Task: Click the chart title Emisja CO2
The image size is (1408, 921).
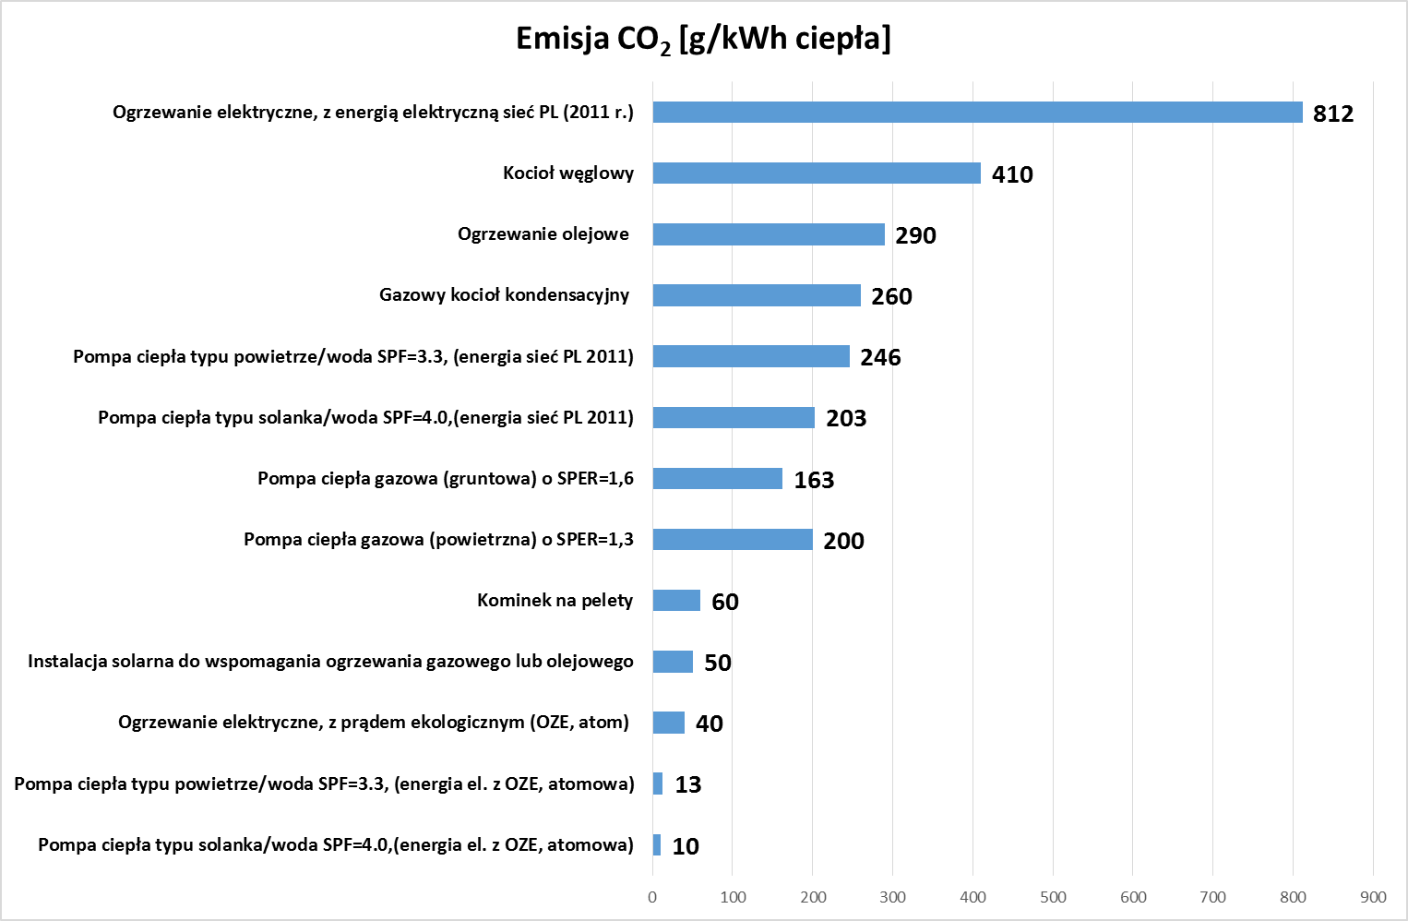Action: coord(703,39)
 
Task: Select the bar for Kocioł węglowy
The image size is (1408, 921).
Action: coord(817,173)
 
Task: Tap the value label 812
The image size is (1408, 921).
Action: coord(1332,114)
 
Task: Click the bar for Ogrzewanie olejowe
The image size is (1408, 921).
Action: coord(769,234)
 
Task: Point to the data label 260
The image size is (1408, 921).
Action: coord(891,296)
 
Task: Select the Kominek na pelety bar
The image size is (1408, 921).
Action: coord(676,601)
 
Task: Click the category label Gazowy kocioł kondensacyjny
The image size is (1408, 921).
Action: coord(504,295)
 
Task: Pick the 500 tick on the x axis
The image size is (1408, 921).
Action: coord(1053,897)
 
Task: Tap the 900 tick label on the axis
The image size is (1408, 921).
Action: coord(1373,897)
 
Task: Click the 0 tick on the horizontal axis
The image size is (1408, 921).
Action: coord(652,897)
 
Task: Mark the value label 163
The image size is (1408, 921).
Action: coord(814,480)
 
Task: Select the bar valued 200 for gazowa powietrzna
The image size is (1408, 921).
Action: coord(733,540)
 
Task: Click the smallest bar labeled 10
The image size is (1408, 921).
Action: coord(657,845)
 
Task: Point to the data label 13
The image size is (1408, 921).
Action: coord(688,784)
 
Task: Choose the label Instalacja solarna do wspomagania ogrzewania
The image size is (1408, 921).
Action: coord(330,662)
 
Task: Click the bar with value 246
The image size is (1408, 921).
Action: coord(751,356)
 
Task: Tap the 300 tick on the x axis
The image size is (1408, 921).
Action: coord(892,897)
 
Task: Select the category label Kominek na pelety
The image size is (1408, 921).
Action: coord(555,601)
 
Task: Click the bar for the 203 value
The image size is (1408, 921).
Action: coord(734,417)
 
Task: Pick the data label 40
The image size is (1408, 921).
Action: coord(709,724)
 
